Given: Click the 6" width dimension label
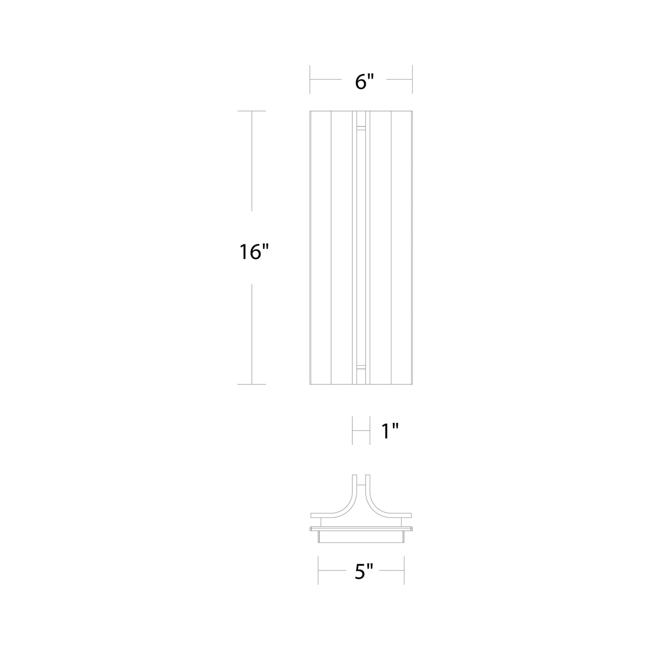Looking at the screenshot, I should [364, 82].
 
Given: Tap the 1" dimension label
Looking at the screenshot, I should [390, 431].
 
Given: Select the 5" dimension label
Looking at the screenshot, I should [364, 572].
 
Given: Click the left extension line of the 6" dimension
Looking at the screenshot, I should [310, 80].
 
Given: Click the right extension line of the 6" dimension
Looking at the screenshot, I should [412, 80].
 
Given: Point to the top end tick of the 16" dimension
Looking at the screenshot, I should [251, 111].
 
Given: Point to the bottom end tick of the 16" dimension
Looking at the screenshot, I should [251, 384].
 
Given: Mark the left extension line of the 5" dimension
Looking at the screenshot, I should [318, 570].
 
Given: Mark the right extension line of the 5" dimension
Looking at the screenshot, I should [404, 570].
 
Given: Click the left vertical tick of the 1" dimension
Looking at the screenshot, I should [352, 431].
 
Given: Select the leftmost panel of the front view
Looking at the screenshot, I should [320, 247].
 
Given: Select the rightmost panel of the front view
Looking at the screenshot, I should [402, 247].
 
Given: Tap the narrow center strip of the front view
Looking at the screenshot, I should [361, 247].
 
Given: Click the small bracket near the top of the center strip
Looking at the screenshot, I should [361, 128].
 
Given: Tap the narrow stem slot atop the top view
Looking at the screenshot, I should [361, 481].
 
